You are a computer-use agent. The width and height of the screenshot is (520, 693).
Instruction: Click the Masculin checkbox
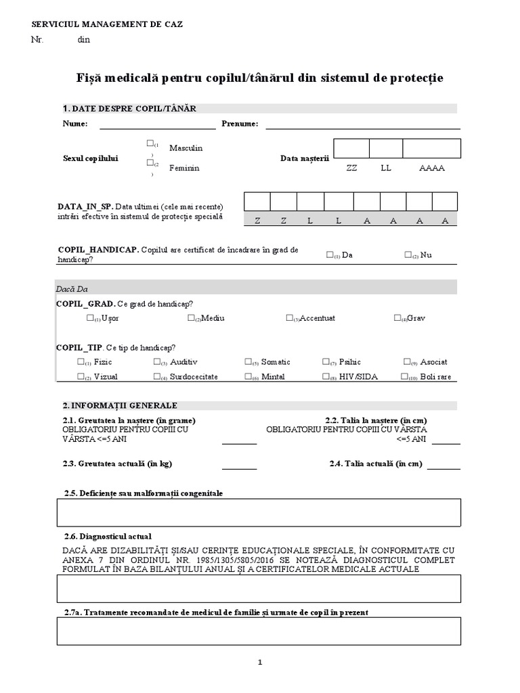[x=149, y=143]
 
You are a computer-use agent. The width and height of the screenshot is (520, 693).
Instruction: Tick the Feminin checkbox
[x=149, y=162]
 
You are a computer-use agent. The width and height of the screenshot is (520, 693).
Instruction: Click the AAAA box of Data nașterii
[x=431, y=148]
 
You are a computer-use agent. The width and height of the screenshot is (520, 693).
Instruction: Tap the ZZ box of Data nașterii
[x=351, y=148]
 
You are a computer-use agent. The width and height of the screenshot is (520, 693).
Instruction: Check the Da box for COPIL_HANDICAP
[x=330, y=255]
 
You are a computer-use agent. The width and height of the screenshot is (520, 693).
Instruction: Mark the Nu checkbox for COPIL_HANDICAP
[x=408, y=255]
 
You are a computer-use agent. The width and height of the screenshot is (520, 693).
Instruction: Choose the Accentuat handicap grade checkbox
[x=289, y=318]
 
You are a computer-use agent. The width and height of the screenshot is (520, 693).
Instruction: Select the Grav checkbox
[x=397, y=318]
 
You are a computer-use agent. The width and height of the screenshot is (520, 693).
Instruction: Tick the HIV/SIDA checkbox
[x=326, y=377]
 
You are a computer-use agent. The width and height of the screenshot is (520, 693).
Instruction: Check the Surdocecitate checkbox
[x=157, y=377]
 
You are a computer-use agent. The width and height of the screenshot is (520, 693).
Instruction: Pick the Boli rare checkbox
[x=404, y=377]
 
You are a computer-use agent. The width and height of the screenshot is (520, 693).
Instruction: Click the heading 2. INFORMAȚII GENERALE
[x=120, y=405]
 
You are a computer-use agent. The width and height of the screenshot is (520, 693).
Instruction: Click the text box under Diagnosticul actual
[x=259, y=588]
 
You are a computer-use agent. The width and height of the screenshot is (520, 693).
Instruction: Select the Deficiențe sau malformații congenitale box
[x=259, y=512]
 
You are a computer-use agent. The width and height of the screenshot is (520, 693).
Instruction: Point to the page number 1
[x=259, y=663]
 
